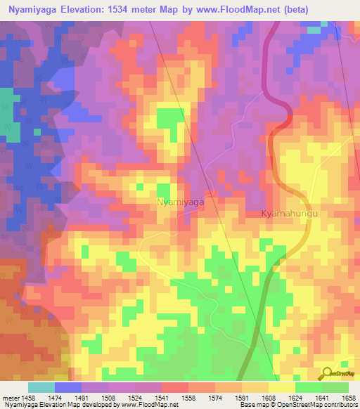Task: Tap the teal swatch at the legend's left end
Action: coord(41,387)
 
